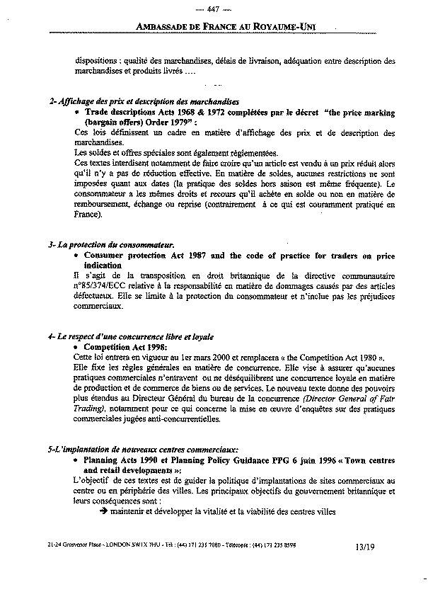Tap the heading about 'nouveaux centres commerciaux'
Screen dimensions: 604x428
139,450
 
